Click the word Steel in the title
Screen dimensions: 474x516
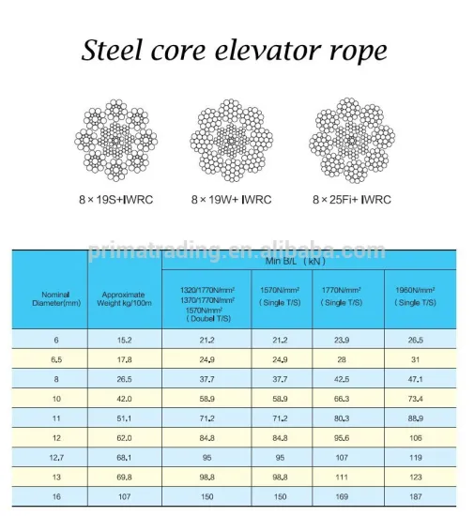coord(112,51)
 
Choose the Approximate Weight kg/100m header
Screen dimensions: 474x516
coord(124,300)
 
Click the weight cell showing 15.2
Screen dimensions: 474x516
coord(124,340)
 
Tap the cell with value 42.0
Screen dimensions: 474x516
coord(124,399)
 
